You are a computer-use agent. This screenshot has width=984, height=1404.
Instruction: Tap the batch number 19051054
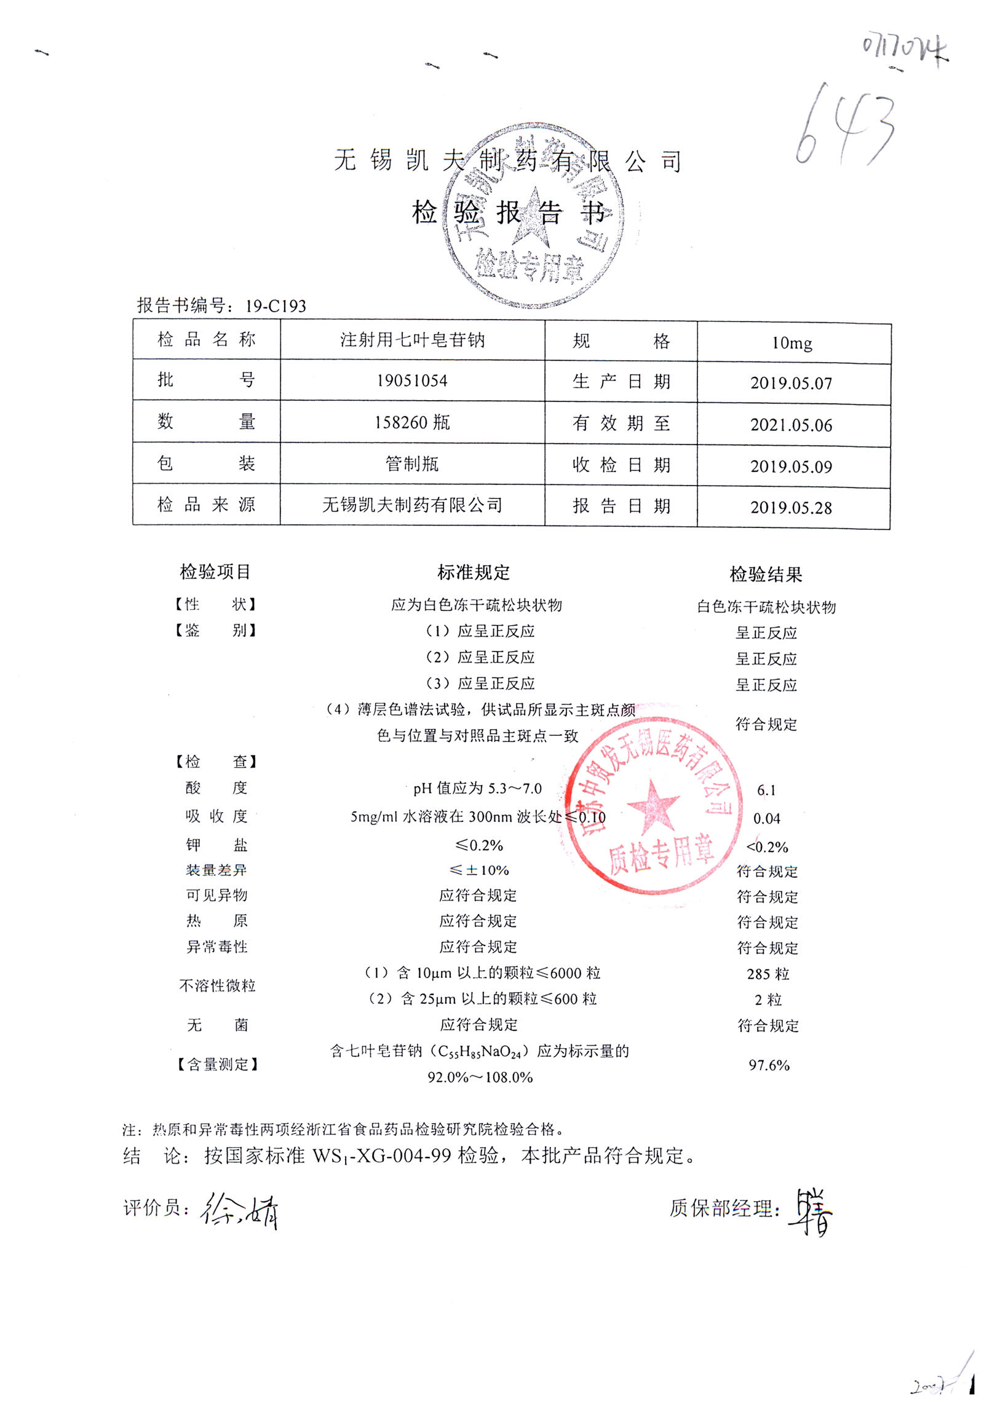click(x=412, y=381)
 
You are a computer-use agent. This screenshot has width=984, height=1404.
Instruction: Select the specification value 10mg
click(x=792, y=343)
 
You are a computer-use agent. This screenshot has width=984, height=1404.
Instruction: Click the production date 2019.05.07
click(x=791, y=384)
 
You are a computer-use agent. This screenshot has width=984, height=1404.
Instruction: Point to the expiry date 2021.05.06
click(x=791, y=425)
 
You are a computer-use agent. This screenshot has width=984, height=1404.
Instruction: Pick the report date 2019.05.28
click(x=791, y=508)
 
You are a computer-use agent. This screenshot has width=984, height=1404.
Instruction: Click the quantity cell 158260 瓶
click(x=412, y=422)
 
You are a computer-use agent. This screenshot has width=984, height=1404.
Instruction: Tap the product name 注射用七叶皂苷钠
click(x=412, y=340)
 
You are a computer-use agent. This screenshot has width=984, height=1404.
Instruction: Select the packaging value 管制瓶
click(x=412, y=463)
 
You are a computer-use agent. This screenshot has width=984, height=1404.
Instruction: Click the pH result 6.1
click(x=766, y=791)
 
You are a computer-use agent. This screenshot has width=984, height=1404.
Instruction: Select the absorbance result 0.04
click(x=767, y=819)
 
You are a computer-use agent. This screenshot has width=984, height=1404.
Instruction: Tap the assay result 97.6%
click(x=769, y=1065)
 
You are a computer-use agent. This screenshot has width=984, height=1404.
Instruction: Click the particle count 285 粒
click(x=768, y=974)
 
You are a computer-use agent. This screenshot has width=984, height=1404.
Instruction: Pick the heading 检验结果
click(x=766, y=575)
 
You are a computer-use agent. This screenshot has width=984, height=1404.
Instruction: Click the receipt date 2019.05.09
click(x=791, y=467)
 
